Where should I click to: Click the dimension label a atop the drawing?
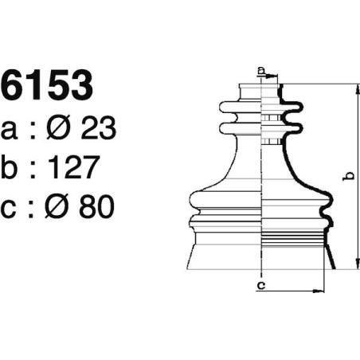click(260, 72)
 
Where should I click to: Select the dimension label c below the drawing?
click(259, 283)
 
